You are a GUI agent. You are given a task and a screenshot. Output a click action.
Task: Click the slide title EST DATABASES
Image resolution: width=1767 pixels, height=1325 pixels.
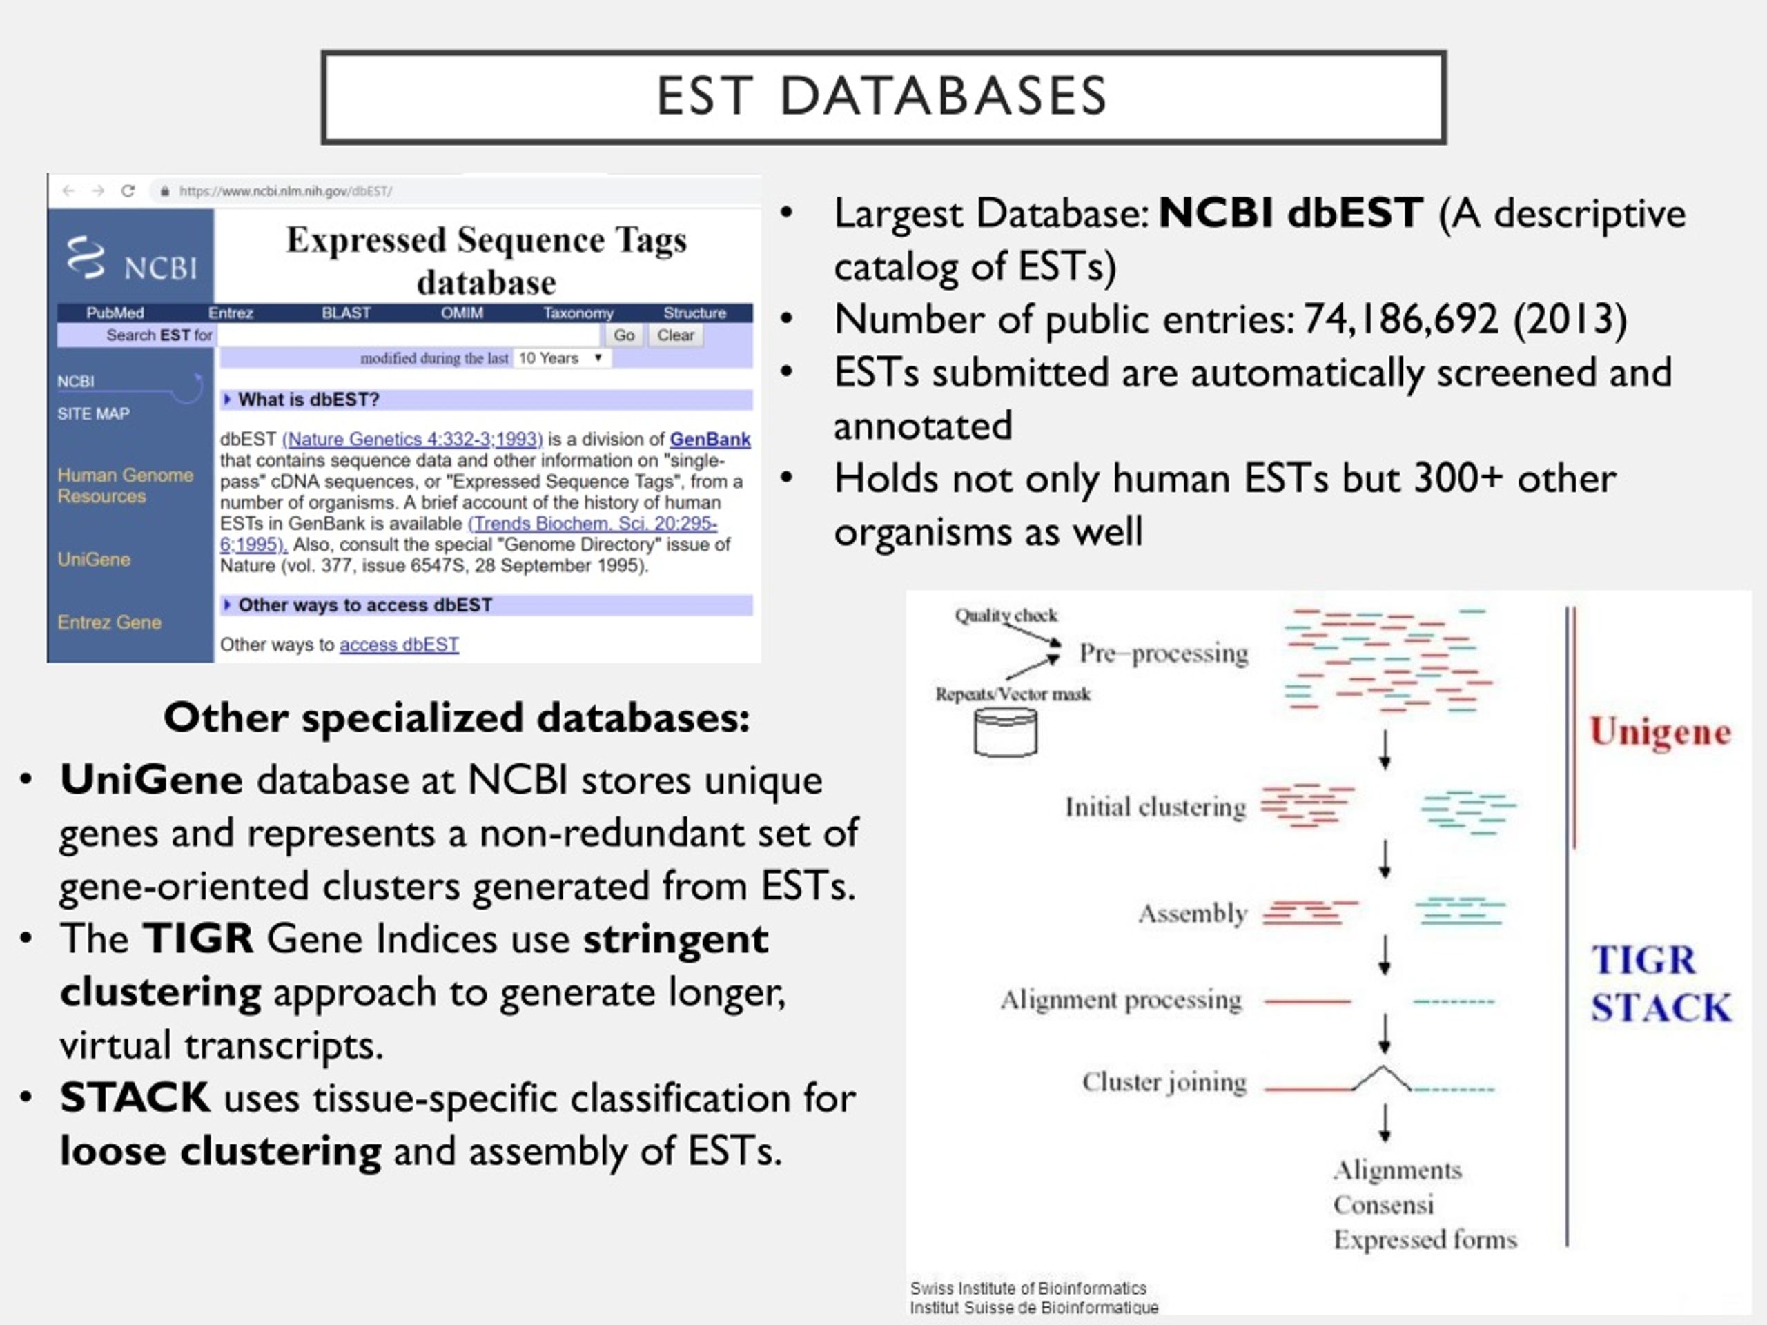point(882,96)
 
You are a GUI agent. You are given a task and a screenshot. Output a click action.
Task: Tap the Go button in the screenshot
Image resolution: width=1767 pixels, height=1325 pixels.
point(624,335)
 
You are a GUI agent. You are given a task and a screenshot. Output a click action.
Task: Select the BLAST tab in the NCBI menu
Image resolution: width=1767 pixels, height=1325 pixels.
point(346,313)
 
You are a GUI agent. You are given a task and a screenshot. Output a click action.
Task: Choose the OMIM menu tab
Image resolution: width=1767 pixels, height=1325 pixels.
point(462,313)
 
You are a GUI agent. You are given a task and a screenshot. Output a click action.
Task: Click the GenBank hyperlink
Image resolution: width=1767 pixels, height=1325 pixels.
point(710,440)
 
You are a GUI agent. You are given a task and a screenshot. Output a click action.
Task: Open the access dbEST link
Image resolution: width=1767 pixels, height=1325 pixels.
point(399,645)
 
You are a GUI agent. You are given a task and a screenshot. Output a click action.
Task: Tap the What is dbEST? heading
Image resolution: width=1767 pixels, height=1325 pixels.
point(309,400)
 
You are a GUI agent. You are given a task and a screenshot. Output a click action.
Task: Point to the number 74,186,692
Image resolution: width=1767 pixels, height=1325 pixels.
point(1401,320)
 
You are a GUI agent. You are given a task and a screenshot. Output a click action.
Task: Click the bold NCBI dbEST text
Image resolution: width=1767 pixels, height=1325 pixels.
point(1290,213)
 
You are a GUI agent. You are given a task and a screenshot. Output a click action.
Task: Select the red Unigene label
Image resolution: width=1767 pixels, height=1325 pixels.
point(1660,732)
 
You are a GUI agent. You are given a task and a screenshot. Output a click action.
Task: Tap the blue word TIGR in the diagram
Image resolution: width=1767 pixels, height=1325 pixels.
point(1643,960)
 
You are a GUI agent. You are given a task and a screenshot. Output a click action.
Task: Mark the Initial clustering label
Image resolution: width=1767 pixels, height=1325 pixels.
point(1155,807)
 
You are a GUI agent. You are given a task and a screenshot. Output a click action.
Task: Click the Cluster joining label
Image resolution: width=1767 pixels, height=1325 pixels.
point(1164,1082)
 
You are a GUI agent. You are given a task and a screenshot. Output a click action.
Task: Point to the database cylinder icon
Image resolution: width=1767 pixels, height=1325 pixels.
point(1006,732)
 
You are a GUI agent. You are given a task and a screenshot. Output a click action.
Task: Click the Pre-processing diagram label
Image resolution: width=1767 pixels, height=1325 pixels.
point(1163,654)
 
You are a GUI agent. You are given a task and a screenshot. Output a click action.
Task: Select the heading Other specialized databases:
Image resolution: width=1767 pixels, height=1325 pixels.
point(456,717)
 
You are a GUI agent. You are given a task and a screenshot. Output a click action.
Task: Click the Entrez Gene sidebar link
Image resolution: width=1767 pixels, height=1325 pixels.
point(110,622)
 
